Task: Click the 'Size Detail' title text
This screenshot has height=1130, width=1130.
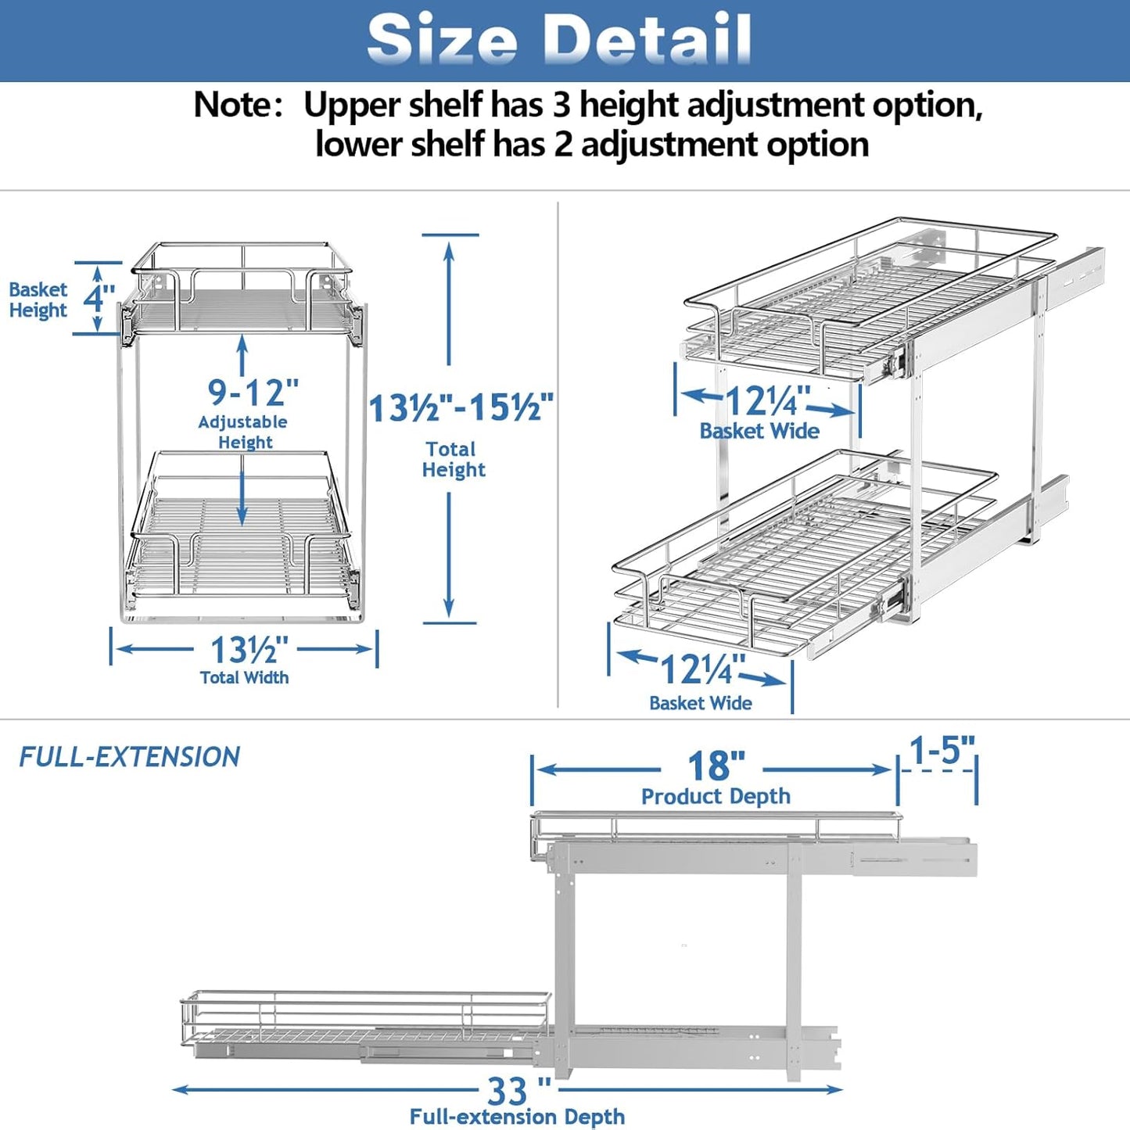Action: (x=559, y=39)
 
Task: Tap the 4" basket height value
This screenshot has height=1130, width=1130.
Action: (x=99, y=298)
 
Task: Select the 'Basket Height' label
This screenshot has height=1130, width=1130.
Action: (x=38, y=300)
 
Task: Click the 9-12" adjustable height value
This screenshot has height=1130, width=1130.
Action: (x=253, y=393)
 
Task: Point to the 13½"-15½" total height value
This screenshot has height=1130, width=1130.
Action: (x=461, y=408)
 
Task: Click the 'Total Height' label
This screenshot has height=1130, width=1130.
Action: (x=453, y=460)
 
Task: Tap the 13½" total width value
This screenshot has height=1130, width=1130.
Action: (x=249, y=650)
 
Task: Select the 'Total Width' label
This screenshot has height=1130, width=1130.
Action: (x=244, y=678)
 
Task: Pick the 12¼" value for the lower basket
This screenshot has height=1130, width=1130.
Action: (x=701, y=669)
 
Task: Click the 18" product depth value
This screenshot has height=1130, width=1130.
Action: (x=716, y=766)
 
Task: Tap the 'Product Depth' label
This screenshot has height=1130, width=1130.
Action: (x=716, y=797)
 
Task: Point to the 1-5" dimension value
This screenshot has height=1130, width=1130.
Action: (x=942, y=750)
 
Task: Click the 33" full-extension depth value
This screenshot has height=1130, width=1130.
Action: (x=518, y=1090)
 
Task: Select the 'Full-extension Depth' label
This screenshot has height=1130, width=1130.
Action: (x=517, y=1117)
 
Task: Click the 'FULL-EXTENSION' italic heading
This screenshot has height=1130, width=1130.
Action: (x=129, y=757)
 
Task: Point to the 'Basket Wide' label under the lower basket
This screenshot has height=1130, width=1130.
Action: (x=700, y=703)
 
